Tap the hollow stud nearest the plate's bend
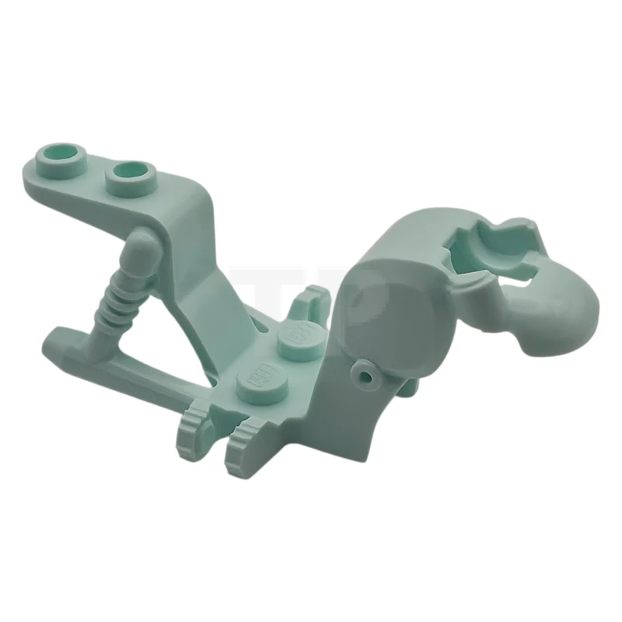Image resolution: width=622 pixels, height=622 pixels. coord(130,174)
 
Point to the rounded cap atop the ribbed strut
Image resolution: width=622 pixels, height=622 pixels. coord(142,247)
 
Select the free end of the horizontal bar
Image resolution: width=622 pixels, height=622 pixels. coord(58,341)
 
